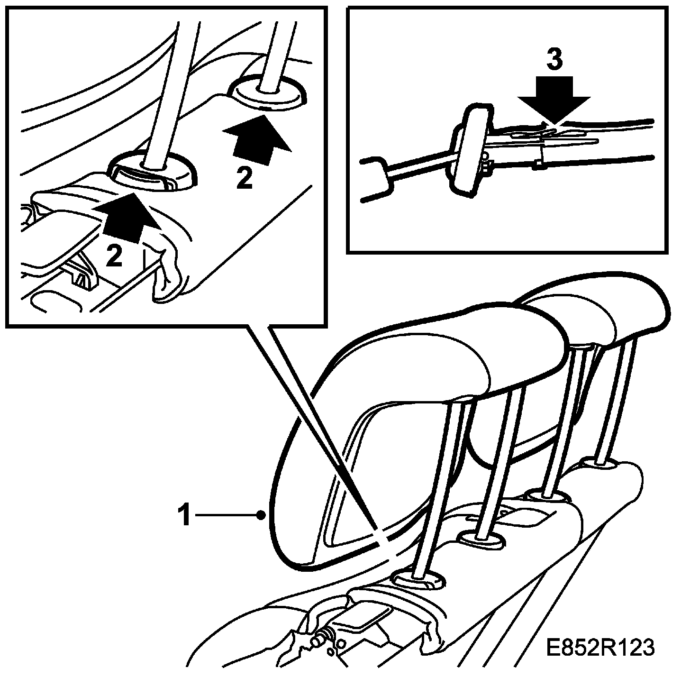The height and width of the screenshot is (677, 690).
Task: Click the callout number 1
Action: (185, 515)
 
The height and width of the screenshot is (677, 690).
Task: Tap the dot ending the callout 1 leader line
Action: (262, 516)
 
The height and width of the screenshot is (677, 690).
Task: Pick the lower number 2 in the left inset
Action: (114, 256)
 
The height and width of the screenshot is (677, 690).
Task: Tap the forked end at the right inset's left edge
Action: (376, 179)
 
